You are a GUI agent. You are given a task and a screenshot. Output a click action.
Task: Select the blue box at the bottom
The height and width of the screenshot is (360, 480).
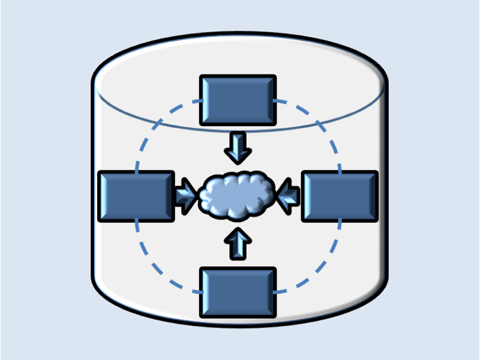[x=238, y=292]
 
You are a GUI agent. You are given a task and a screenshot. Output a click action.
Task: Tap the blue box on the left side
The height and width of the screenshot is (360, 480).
[x=136, y=196]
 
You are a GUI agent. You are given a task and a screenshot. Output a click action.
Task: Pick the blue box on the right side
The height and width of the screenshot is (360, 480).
[x=340, y=196]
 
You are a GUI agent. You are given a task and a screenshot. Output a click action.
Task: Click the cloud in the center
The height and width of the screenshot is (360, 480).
[x=238, y=196]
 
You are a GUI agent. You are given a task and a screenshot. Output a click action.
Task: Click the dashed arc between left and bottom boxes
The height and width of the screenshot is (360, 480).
[x=157, y=264]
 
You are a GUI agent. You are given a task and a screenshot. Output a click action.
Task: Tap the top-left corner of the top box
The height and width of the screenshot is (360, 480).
[x=201, y=76]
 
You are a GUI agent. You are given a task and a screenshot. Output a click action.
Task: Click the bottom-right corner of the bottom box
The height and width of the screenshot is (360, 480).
[x=275, y=316]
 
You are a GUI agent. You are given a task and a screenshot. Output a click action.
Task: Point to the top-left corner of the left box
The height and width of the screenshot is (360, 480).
[x=99, y=173]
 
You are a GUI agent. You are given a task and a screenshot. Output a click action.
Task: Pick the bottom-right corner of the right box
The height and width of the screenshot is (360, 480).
[x=377, y=220]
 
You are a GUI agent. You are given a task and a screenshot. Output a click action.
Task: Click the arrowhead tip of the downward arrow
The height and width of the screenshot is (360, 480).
[x=238, y=163]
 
